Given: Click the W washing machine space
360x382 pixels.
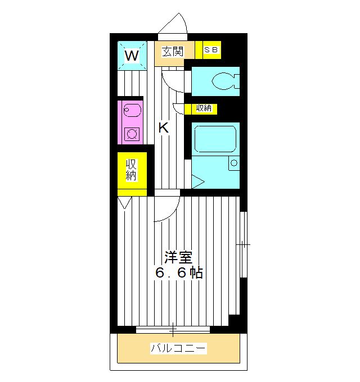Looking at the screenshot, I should point(132,55).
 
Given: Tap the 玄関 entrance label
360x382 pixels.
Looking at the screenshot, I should point(173,52).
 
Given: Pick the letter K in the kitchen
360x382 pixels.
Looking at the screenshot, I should point(163,128).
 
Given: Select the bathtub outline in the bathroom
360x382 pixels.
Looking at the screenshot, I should point(214,140).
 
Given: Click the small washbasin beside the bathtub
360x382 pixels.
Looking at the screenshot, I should point(233,163).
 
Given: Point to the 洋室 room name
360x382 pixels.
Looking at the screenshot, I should point(178,258).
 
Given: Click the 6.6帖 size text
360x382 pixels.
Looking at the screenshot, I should point(178,274).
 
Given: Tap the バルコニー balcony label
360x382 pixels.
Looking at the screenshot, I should point(178,349).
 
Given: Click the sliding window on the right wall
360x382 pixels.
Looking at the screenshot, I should point(243,245).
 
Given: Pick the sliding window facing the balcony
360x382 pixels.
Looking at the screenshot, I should point(173,330).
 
